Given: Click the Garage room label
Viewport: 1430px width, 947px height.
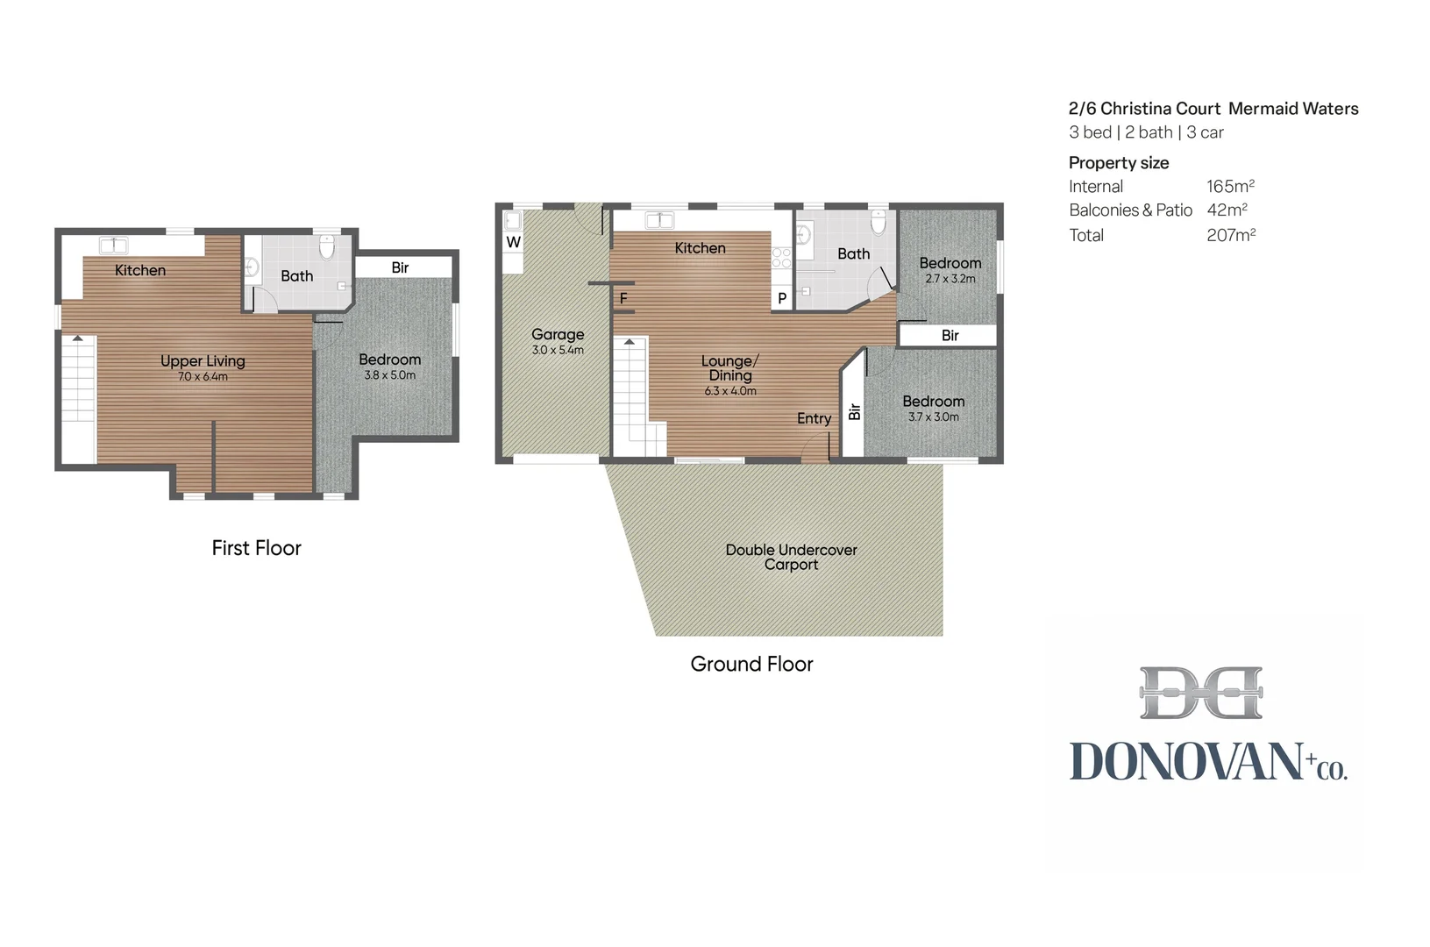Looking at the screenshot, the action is point(558,334).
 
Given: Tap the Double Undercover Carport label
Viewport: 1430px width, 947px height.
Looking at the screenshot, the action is point(791,557).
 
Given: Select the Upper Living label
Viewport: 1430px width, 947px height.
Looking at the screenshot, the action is point(203,360).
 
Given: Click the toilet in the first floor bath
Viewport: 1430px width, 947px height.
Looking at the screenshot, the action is point(327,246).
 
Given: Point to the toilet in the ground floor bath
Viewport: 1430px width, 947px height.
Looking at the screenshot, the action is point(879,221).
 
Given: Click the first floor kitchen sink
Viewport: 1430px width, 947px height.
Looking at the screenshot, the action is point(114,246).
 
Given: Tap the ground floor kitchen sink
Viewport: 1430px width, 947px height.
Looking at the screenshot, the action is point(659,220).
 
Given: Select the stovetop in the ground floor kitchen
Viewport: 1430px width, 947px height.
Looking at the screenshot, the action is point(781,258).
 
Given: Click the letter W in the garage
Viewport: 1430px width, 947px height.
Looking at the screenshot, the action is point(513,242).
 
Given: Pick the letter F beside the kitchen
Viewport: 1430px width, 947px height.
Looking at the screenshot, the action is point(623,298).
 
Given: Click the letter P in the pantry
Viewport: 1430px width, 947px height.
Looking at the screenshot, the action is point(781,298).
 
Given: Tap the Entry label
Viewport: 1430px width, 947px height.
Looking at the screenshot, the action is point(814,418).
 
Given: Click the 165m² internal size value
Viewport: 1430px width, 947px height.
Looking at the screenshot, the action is point(1230,186).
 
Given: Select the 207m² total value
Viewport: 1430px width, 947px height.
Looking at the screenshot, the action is point(1231,235).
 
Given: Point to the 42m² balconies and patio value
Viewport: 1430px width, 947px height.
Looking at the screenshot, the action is point(1227,210).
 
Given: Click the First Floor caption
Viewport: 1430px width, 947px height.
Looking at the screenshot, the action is point(256,548).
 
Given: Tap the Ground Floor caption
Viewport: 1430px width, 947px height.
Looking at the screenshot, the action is point(751,664).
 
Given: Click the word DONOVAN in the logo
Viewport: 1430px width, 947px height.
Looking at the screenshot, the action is point(1185,761).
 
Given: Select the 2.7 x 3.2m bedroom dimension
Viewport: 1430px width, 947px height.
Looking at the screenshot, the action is point(950,279).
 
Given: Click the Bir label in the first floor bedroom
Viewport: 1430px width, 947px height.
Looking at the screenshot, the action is point(400,267).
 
